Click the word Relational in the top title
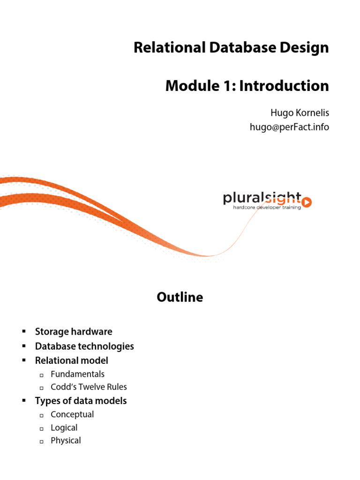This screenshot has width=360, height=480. [163, 48]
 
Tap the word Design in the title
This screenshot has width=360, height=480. [306, 48]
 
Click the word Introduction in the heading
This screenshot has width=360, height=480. [284, 86]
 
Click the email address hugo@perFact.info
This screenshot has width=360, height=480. [289, 127]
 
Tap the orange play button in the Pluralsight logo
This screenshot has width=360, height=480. [307, 202]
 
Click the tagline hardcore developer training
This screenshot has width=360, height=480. [267, 207]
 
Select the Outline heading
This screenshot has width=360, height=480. [180, 297]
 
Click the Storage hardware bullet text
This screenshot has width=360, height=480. [74, 332]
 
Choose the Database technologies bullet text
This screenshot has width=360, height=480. [84, 346]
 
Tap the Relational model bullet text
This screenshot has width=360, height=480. [71, 360]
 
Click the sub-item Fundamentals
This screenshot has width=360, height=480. [77, 374]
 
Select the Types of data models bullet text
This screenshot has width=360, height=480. [81, 401]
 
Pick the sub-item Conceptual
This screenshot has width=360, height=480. [72, 414]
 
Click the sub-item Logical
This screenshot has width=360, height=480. [64, 427]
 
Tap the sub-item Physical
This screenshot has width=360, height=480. [66, 441]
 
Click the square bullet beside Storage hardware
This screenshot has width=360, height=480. [23, 332]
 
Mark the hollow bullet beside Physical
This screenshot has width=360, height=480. [41, 441]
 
